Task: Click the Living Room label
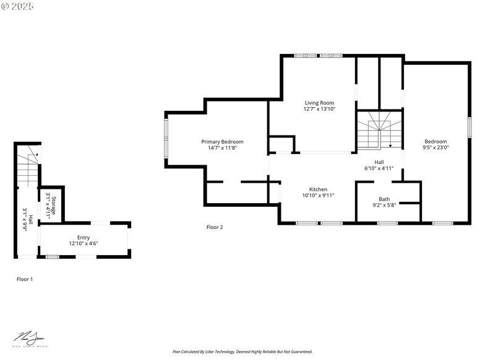(x=319, y=103)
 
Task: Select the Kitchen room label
(x=318, y=189)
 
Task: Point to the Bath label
(x=384, y=199)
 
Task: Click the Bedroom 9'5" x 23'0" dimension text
(x=435, y=148)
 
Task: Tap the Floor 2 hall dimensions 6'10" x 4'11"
(x=379, y=168)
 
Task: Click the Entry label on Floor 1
(x=84, y=237)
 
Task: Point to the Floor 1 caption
(x=25, y=279)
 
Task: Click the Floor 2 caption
(x=215, y=227)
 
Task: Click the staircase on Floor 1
(x=28, y=167)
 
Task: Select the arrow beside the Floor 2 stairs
(x=390, y=146)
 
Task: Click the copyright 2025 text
(x=18, y=6)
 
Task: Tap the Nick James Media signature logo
(x=30, y=339)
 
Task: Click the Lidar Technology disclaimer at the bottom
(x=242, y=352)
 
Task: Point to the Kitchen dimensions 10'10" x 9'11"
(x=318, y=196)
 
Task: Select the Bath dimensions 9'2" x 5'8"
(x=384, y=205)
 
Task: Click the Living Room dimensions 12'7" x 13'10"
(x=319, y=109)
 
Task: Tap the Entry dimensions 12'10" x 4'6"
(x=84, y=243)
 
